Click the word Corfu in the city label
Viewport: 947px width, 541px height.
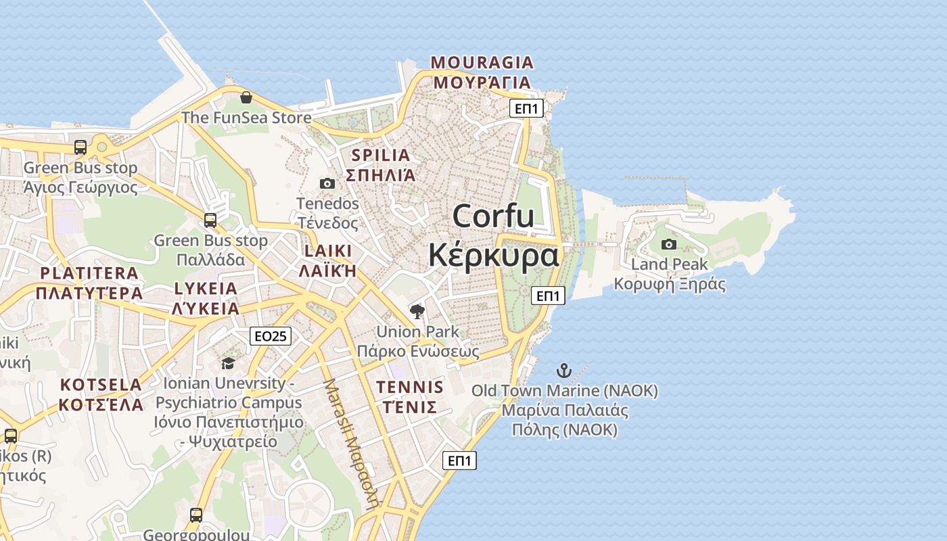click(493, 216)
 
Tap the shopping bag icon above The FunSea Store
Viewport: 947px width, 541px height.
click(246, 97)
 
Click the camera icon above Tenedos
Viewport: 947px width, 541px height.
click(327, 183)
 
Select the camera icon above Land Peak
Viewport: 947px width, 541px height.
click(669, 244)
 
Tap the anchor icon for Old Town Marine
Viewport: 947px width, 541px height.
click(563, 371)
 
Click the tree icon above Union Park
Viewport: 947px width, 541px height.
click(417, 312)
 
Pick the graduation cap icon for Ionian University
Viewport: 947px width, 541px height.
click(228, 363)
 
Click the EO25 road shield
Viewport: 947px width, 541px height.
click(271, 336)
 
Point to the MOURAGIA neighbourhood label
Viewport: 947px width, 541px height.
click(482, 63)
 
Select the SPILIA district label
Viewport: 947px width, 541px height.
click(381, 156)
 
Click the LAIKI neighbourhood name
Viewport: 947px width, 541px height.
click(328, 252)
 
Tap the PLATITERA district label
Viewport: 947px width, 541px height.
click(89, 274)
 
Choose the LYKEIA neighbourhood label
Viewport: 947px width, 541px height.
click(206, 289)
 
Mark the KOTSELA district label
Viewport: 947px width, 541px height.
click(101, 385)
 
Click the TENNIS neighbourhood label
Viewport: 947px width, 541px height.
click(410, 387)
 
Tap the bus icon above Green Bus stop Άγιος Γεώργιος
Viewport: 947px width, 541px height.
click(80, 147)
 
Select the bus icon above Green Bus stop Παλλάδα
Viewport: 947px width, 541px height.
click(210, 220)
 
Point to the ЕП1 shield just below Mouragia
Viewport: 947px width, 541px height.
click(526, 108)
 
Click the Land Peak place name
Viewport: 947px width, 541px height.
click(669, 264)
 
